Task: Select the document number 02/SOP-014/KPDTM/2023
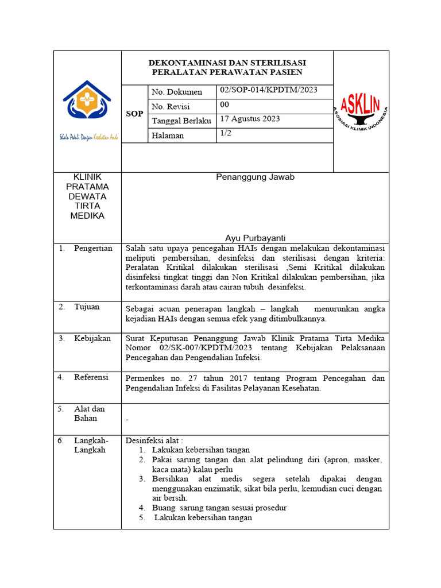(268, 90)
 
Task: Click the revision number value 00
(225, 105)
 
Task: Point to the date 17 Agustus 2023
(250, 119)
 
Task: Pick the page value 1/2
(225, 133)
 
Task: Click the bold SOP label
(134, 114)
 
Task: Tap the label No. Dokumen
(177, 92)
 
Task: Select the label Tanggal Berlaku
(181, 121)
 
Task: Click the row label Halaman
(168, 136)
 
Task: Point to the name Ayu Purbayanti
(255, 238)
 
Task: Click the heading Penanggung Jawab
(255, 177)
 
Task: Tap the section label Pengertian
(93, 248)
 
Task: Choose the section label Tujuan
(87, 307)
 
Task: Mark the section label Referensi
(91, 377)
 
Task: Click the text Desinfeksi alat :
(154, 440)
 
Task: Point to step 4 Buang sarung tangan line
(219, 508)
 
